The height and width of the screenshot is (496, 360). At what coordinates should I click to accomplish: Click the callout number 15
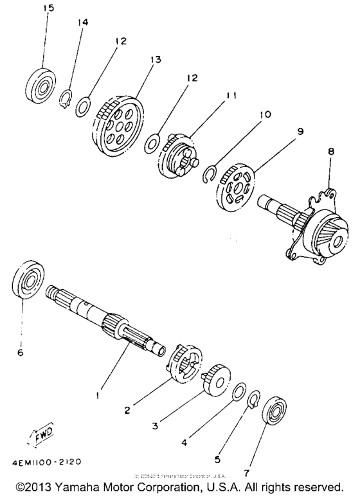pyautogui.click(x=48, y=8)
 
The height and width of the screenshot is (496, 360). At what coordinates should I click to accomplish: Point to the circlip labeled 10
pyautogui.click(x=210, y=173)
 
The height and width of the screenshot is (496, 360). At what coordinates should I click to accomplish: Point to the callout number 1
pyautogui.click(x=98, y=396)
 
